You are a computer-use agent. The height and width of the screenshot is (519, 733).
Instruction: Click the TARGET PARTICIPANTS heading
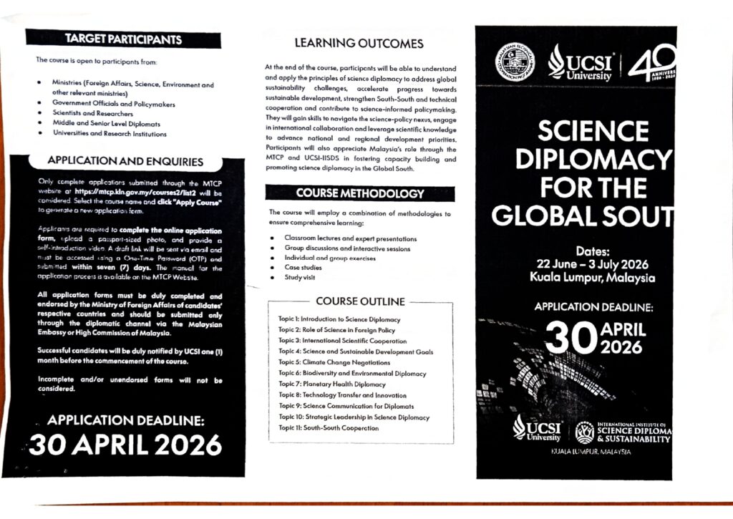124,39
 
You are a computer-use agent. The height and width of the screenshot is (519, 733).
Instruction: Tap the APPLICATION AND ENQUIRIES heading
125,162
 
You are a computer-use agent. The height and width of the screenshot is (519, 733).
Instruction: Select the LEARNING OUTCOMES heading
359,44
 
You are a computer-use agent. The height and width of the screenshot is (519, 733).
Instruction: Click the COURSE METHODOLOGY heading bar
360,193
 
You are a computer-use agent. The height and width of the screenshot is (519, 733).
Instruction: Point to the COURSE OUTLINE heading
360,301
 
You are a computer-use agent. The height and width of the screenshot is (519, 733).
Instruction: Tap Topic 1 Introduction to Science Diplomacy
339,319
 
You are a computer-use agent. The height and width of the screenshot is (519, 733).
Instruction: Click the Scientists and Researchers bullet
92,113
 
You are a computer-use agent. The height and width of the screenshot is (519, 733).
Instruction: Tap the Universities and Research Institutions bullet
110,134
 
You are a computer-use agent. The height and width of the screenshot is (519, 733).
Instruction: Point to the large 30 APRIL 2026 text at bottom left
126,445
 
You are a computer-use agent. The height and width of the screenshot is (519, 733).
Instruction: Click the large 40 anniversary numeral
653,62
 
